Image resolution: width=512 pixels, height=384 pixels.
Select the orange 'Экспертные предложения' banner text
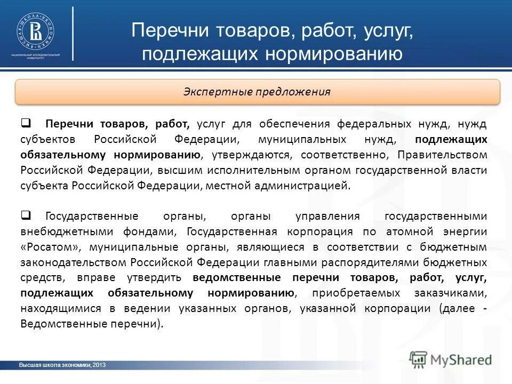257,92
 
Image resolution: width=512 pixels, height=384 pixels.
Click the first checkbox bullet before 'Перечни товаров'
26,124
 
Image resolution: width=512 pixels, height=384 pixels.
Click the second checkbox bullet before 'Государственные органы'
26,216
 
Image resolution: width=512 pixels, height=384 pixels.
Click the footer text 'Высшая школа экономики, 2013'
62,365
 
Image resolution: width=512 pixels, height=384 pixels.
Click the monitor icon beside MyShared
419,359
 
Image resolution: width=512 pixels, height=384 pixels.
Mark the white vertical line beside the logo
73,33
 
